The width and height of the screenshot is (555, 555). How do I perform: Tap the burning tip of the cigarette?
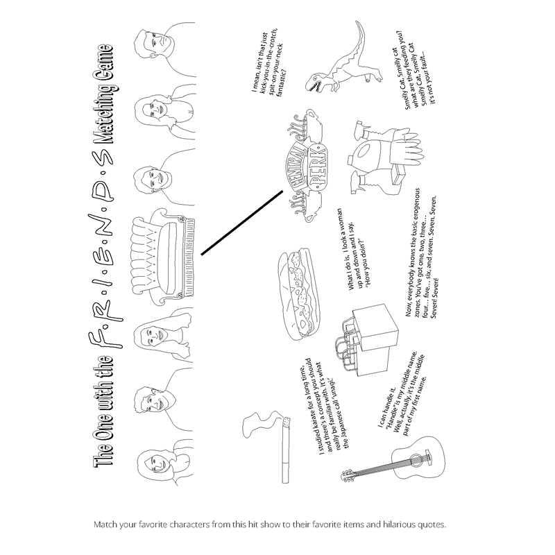[284, 422]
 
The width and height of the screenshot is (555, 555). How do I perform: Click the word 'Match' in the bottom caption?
[105, 524]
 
